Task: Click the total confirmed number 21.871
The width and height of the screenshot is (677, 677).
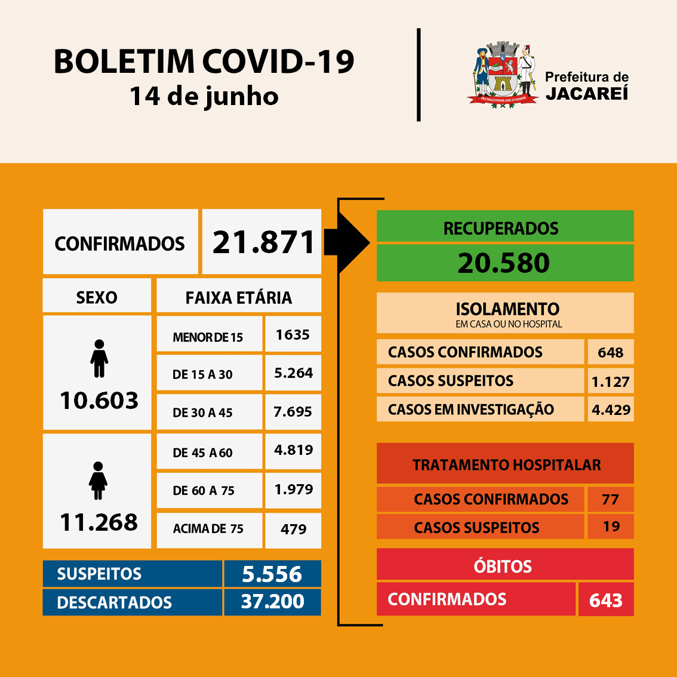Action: [263, 242]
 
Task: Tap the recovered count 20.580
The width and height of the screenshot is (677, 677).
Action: [504, 263]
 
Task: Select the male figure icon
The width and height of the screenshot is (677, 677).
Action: [99, 358]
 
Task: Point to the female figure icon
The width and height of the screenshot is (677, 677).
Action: [99, 481]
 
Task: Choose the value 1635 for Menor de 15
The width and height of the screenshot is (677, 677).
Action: [293, 335]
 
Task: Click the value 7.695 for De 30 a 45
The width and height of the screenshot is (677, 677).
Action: [293, 412]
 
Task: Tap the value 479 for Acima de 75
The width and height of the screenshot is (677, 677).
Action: [293, 530]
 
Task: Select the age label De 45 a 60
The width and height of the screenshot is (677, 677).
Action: [202, 453]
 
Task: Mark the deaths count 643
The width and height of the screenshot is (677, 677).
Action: [605, 601]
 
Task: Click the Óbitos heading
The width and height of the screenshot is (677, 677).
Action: [503, 566]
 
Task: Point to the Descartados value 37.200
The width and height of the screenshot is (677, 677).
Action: [272, 602]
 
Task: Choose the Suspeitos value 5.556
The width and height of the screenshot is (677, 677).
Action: [272, 574]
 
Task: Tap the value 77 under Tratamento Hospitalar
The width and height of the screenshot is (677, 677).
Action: [610, 499]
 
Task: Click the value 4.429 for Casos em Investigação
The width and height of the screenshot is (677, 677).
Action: [611, 410]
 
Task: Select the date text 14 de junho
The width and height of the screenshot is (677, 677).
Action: [204, 96]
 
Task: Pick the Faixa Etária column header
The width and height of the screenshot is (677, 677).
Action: [239, 297]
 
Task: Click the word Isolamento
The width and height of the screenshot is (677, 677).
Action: [507, 309]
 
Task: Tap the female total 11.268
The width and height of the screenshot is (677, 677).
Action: [99, 522]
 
